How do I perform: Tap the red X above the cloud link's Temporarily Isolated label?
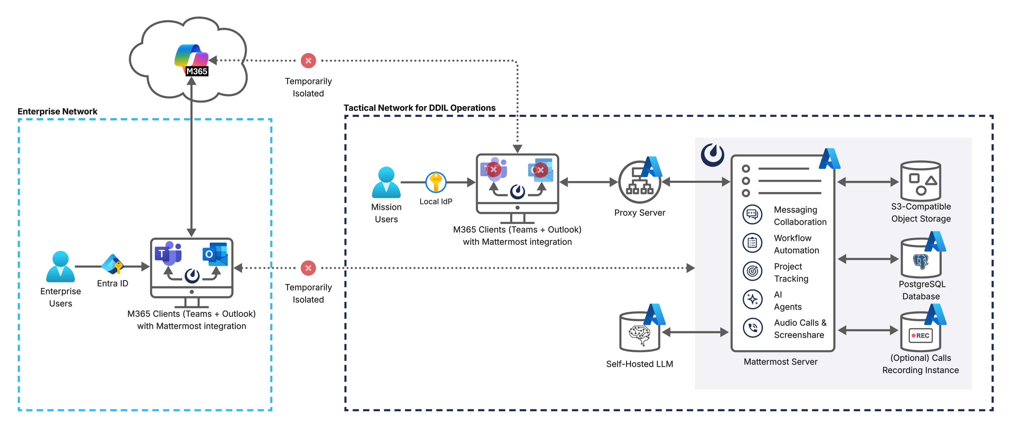(308, 61)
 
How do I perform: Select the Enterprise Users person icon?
(60, 267)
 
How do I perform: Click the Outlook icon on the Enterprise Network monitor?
(215, 254)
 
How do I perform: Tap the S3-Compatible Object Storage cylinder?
(921, 181)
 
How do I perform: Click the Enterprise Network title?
(57, 111)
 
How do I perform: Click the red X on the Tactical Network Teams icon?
(493, 170)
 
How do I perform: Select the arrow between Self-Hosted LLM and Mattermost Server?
(695, 332)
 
